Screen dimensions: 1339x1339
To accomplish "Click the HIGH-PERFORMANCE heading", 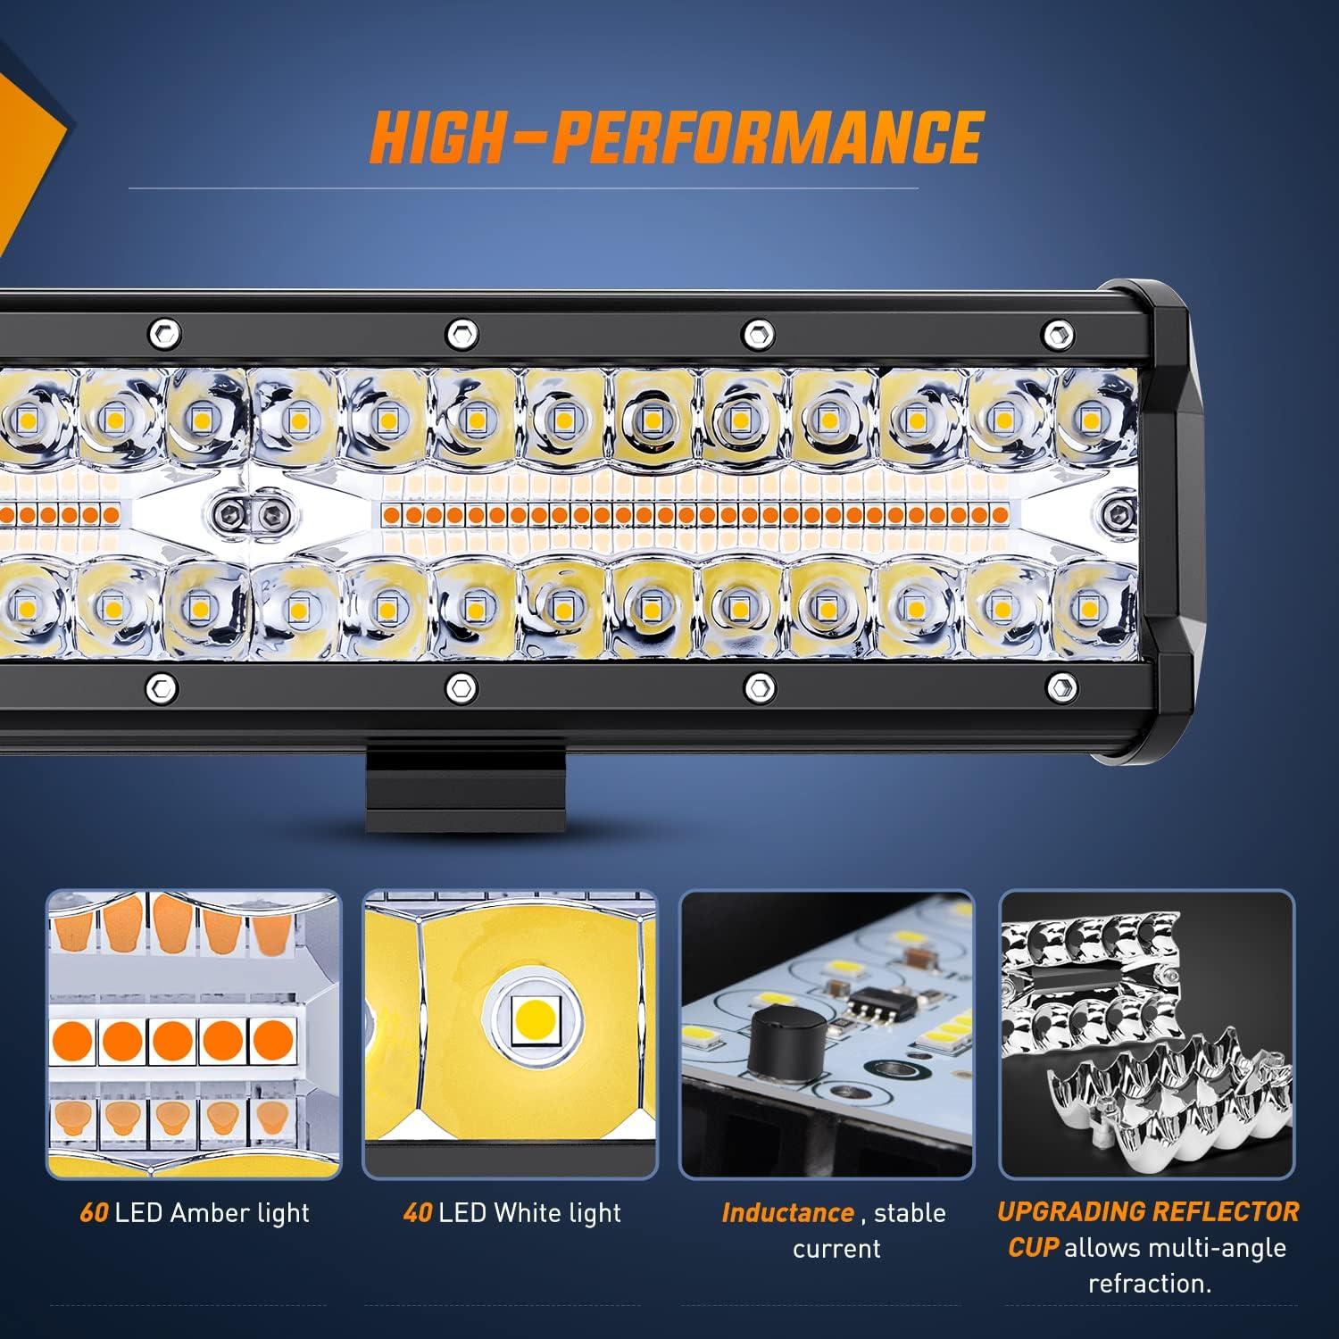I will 676,137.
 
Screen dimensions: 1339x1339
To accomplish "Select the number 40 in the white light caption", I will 418,1213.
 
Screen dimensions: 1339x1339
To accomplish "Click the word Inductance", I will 787,1213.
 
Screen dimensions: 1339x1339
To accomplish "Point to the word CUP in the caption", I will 1033,1248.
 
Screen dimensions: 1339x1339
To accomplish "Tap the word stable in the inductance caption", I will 910,1213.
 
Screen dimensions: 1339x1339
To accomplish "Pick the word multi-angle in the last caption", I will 1212,1248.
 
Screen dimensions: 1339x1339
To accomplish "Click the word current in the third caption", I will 836,1249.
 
